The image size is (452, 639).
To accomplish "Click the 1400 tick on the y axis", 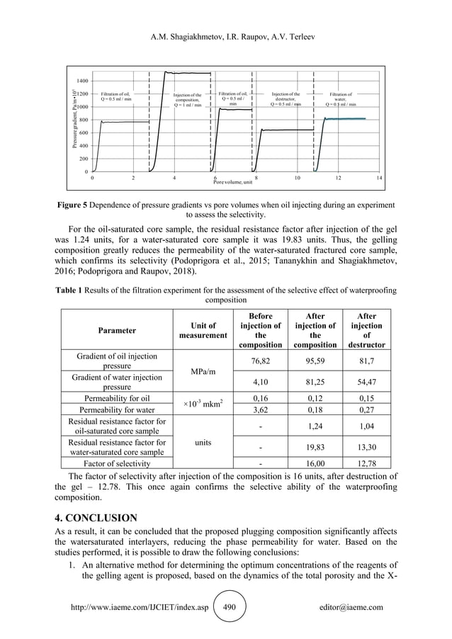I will [83, 81].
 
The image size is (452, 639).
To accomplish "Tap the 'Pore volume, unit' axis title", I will [232, 183].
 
